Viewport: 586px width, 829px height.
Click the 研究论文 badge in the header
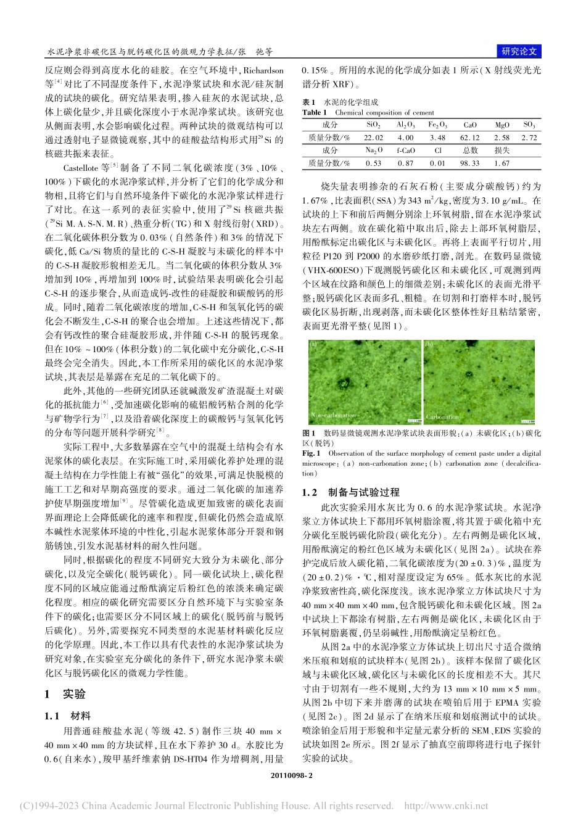point(519,52)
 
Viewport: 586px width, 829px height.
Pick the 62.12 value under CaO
point(470,138)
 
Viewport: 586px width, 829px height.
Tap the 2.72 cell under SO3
point(529,138)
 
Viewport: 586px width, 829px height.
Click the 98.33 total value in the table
point(470,163)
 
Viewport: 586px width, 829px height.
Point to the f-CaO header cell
point(405,151)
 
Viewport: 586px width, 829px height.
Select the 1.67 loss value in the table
point(502,163)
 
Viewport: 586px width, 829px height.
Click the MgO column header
point(502,125)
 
